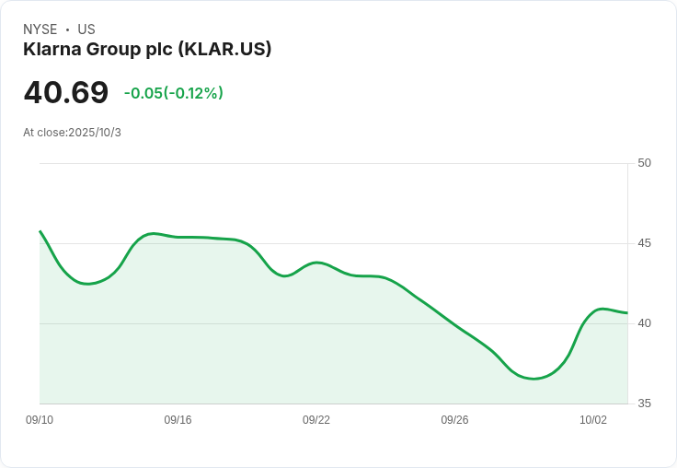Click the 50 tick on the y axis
pos(644,163)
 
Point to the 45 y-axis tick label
pos(644,243)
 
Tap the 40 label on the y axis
pos(644,323)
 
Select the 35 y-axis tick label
pos(644,404)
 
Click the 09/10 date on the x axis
pos(40,420)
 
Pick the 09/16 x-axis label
pos(178,420)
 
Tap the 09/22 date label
pos(316,420)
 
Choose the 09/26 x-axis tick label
pos(454,420)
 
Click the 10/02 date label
pos(593,420)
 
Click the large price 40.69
pos(65,93)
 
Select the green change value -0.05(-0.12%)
pos(174,93)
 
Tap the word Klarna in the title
pos(52,50)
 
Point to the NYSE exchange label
pos(40,29)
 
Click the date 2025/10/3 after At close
pos(95,133)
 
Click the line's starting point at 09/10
pos(40,231)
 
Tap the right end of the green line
pos(626,313)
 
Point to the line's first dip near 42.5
pos(88,284)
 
